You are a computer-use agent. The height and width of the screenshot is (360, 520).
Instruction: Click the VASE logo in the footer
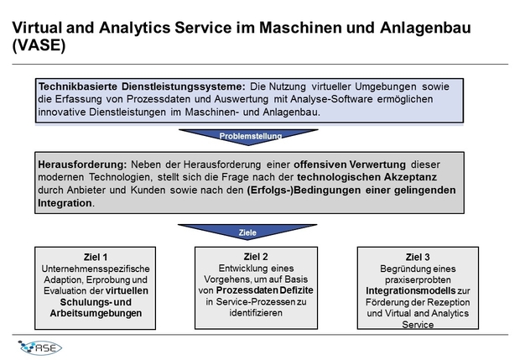(40, 347)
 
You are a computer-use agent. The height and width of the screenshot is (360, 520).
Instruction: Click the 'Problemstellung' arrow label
(251, 136)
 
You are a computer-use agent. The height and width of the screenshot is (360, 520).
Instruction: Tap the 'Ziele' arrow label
(247, 232)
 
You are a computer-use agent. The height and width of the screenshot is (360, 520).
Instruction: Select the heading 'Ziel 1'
(96, 257)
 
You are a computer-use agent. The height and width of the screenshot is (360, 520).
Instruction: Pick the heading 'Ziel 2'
(256, 257)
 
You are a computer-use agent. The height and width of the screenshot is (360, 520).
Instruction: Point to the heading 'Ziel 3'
(418, 257)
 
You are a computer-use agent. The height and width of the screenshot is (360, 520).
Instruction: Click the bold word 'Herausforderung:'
(82, 164)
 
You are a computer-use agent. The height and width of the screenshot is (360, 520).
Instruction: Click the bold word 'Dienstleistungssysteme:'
(184, 86)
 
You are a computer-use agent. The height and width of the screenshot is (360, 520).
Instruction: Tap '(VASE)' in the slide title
(39, 45)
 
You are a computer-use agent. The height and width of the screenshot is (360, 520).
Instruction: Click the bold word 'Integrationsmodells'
(411, 290)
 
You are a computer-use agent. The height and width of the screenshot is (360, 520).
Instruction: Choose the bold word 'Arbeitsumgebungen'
(96, 313)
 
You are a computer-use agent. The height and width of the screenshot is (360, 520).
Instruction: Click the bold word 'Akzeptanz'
(410, 177)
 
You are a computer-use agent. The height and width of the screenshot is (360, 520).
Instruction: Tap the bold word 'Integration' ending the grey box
(65, 203)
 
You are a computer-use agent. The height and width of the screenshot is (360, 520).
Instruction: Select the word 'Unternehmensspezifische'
(96, 269)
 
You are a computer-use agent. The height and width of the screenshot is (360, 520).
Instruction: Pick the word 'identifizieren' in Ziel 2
(256, 312)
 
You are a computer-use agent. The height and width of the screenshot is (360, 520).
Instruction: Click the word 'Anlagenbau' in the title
(425, 28)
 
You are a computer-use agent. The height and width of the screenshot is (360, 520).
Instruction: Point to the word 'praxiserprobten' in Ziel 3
(418, 279)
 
